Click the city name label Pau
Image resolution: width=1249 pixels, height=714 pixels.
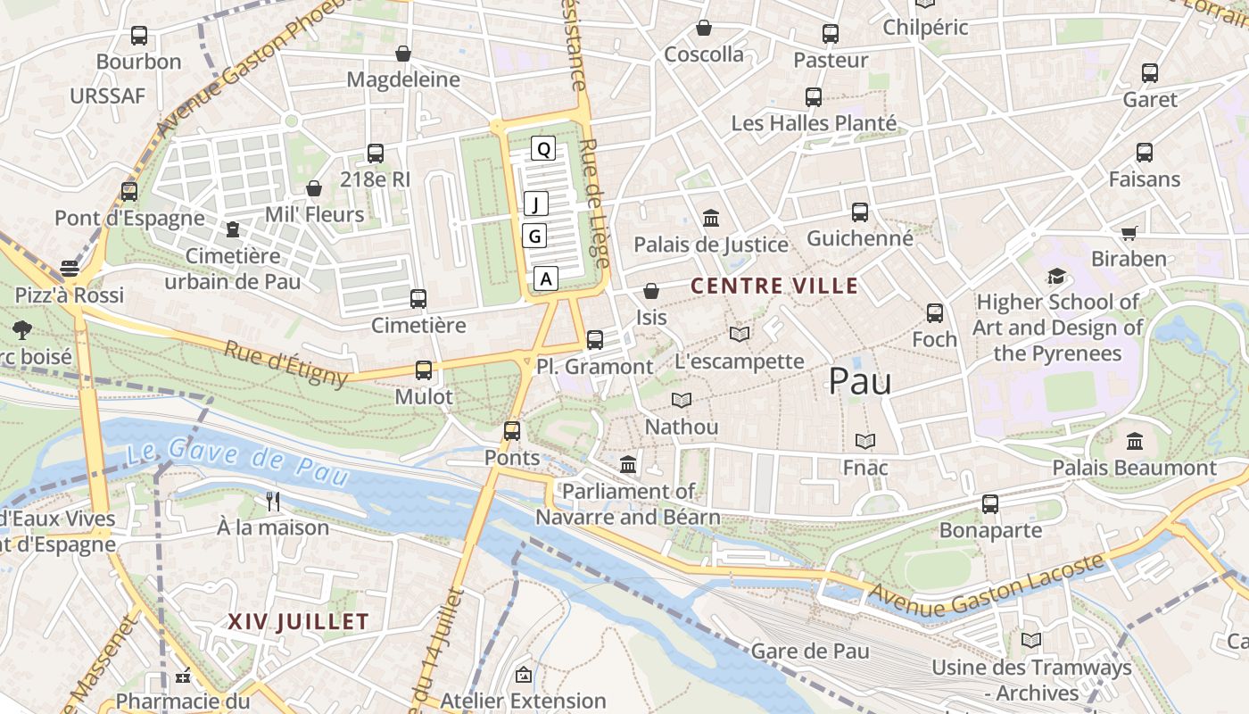point(860,381)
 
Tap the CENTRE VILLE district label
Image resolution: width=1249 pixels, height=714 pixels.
point(774,286)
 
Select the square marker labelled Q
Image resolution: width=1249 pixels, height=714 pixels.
point(543,148)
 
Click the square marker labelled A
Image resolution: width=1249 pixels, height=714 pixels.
point(547,278)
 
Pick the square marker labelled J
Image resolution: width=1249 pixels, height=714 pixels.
point(535,203)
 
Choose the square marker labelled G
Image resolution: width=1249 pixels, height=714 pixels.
point(534,236)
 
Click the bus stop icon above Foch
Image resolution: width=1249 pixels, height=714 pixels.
point(934,313)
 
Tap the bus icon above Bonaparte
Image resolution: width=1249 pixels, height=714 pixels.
point(990,504)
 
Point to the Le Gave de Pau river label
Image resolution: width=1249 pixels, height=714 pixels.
point(236,461)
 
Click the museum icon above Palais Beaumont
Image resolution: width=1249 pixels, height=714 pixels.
point(1134,441)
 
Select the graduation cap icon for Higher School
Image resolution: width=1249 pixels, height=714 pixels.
point(1056,276)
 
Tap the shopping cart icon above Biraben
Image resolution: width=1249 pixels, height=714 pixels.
point(1129,233)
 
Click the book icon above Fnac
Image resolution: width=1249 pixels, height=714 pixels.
point(864,441)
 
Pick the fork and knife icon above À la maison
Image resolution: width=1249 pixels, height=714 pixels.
point(273,502)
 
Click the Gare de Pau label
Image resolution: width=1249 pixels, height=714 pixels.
point(809,651)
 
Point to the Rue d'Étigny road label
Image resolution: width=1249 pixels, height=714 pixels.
point(285,364)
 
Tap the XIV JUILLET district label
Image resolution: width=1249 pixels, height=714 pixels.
point(298,621)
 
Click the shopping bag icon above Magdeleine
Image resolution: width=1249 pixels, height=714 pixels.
point(403,54)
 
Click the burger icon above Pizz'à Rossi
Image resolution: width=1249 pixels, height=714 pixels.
point(70,269)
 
